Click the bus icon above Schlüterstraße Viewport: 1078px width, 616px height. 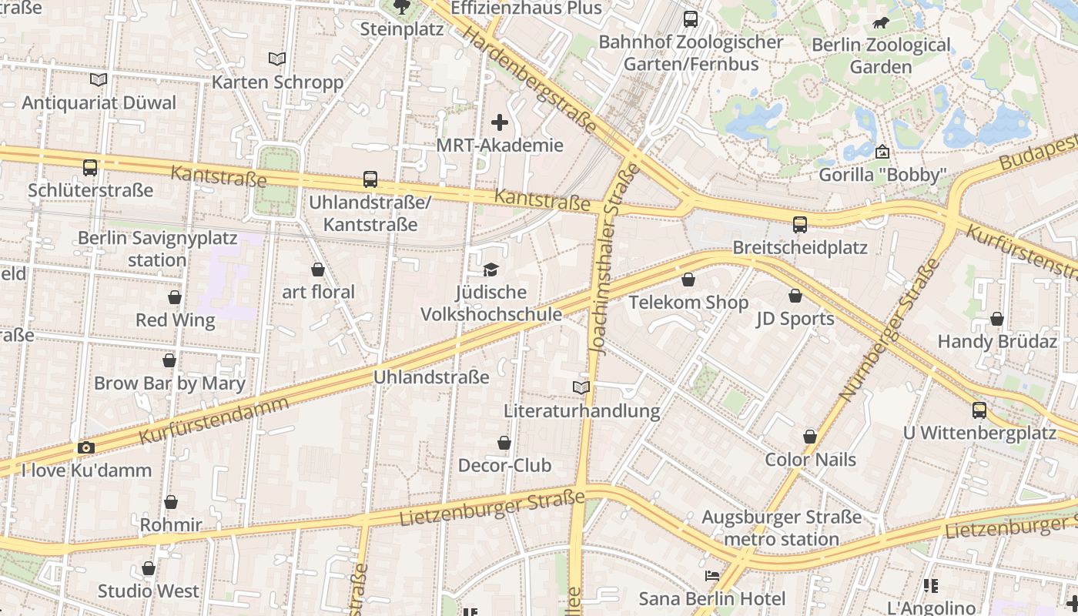click(90, 167)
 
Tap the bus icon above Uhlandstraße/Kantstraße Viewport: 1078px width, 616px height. click(370, 179)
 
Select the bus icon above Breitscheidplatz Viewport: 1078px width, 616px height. click(800, 225)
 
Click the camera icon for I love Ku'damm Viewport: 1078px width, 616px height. click(85, 447)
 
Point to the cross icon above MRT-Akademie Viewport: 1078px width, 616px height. click(500, 122)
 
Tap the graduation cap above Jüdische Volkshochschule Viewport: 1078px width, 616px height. click(490, 269)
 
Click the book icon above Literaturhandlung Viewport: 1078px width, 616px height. click(581, 387)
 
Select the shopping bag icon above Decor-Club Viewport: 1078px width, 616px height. click(504, 443)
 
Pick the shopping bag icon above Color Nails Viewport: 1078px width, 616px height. click(810, 437)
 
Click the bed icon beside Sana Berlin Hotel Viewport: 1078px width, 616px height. click(712, 576)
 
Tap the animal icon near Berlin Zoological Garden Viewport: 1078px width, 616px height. click(880, 22)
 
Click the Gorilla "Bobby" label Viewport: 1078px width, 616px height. click(882, 175)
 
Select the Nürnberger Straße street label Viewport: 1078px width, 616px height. click(890, 330)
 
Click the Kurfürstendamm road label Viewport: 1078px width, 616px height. click(215, 420)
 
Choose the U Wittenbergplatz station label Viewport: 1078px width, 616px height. click(979, 433)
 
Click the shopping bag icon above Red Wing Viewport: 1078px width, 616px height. click(175, 297)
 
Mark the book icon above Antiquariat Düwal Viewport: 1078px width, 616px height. click(98, 79)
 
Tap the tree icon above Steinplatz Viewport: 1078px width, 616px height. click(401, 7)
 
